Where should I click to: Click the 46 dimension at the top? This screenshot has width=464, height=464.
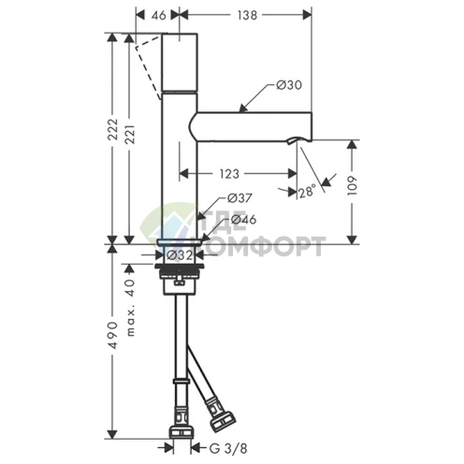click(159, 15)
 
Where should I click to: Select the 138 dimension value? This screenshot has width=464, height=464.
click(247, 15)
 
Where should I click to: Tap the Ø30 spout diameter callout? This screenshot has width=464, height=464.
click(289, 85)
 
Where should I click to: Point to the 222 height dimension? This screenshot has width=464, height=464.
click(113, 129)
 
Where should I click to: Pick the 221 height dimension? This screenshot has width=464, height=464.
click(130, 135)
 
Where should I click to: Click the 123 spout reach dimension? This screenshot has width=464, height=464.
click(229, 174)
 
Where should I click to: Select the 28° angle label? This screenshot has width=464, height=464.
click(307, 192)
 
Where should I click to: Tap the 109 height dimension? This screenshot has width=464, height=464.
click(352, 186)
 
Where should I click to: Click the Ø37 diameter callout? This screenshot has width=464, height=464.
click(239, 197)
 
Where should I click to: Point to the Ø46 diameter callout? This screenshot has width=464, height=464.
click(243, 220)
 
